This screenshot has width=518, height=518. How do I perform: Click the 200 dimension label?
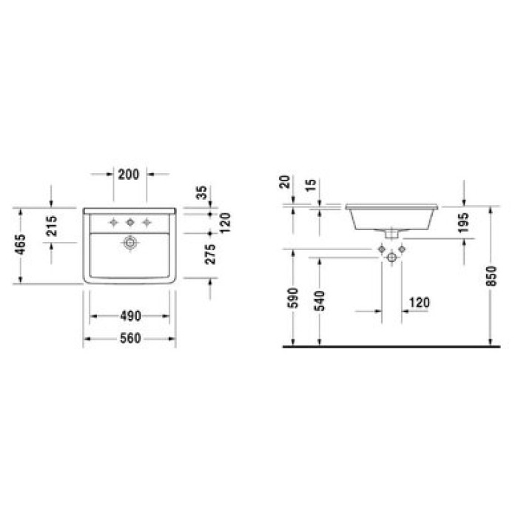(129, 175)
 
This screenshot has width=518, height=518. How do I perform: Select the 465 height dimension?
(21, 244)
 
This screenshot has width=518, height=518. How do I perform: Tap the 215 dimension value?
(52, 226)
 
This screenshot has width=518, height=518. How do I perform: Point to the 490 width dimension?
(130, 316)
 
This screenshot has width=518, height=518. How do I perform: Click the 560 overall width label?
(130, 338)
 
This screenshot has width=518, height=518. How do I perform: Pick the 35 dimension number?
(201, 192)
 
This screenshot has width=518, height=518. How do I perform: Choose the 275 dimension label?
(210, 254)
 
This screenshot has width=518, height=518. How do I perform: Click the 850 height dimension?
(491, 276)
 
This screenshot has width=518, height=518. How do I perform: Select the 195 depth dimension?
(463, 222)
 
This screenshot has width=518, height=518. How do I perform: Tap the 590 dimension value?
(293, 298)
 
